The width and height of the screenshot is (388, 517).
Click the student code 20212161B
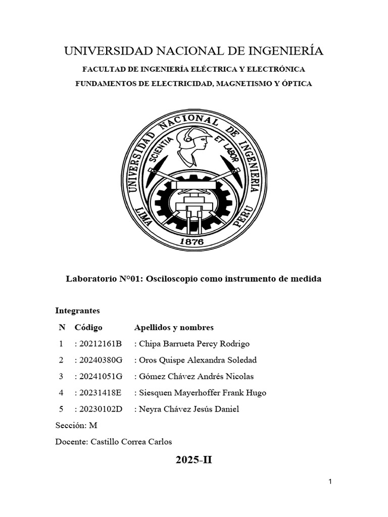(101, 344)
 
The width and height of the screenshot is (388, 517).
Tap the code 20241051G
(101, 376)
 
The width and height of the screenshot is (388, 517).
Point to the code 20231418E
(101, 392)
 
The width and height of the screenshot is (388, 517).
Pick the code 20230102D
(101, 409)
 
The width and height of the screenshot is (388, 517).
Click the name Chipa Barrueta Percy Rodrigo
(194, 344)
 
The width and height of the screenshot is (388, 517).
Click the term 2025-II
(194, 459)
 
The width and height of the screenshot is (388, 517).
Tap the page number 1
(330, 482)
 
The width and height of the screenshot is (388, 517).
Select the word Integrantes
(78, 311)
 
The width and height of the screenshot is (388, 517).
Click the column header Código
(88, 327)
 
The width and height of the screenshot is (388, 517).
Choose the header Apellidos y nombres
(174, 327)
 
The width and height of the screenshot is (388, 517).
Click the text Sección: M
(76, 425)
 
